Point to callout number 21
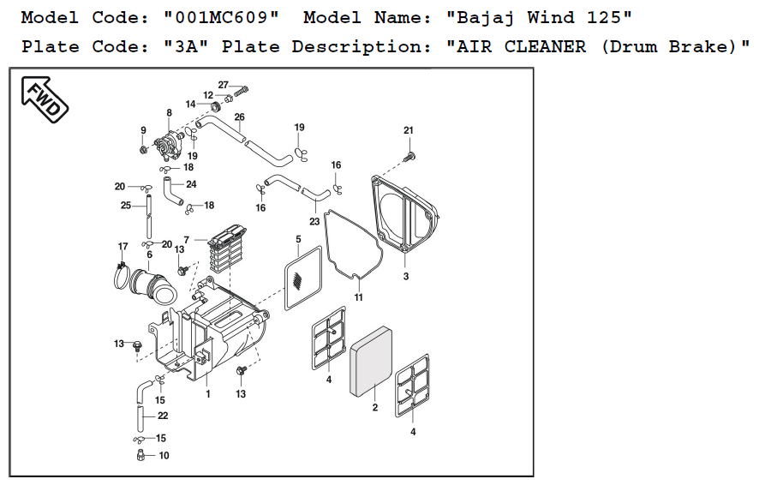pos(409,129)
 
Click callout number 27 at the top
pos(223,85)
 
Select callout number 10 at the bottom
pos(164,456)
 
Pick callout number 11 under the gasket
pos(359,297)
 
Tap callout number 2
pos(374,408)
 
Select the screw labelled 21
pos(409,156)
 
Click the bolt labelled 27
pos(242,89)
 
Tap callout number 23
pos(314,221)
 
